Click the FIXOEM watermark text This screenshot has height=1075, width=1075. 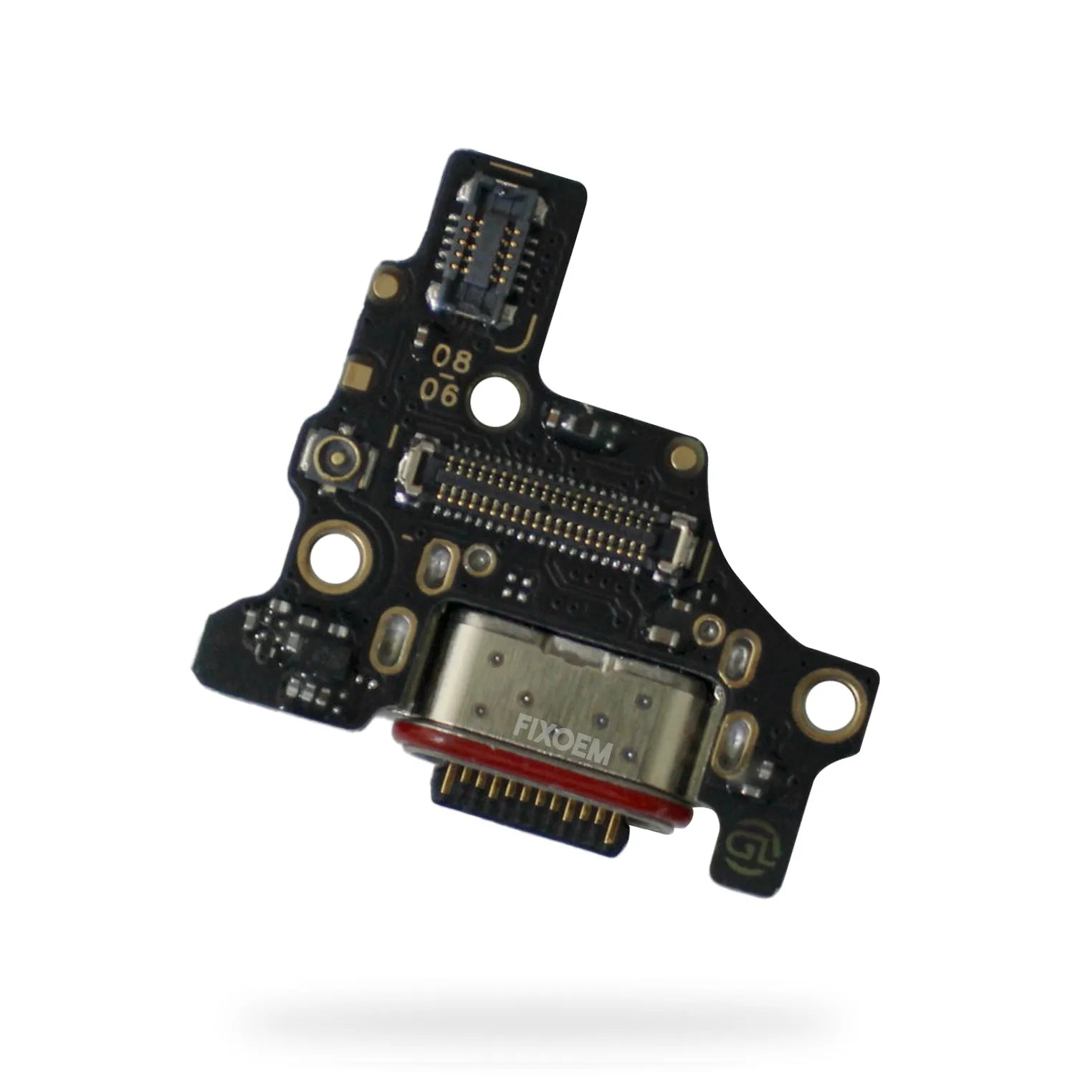[563, 742]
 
